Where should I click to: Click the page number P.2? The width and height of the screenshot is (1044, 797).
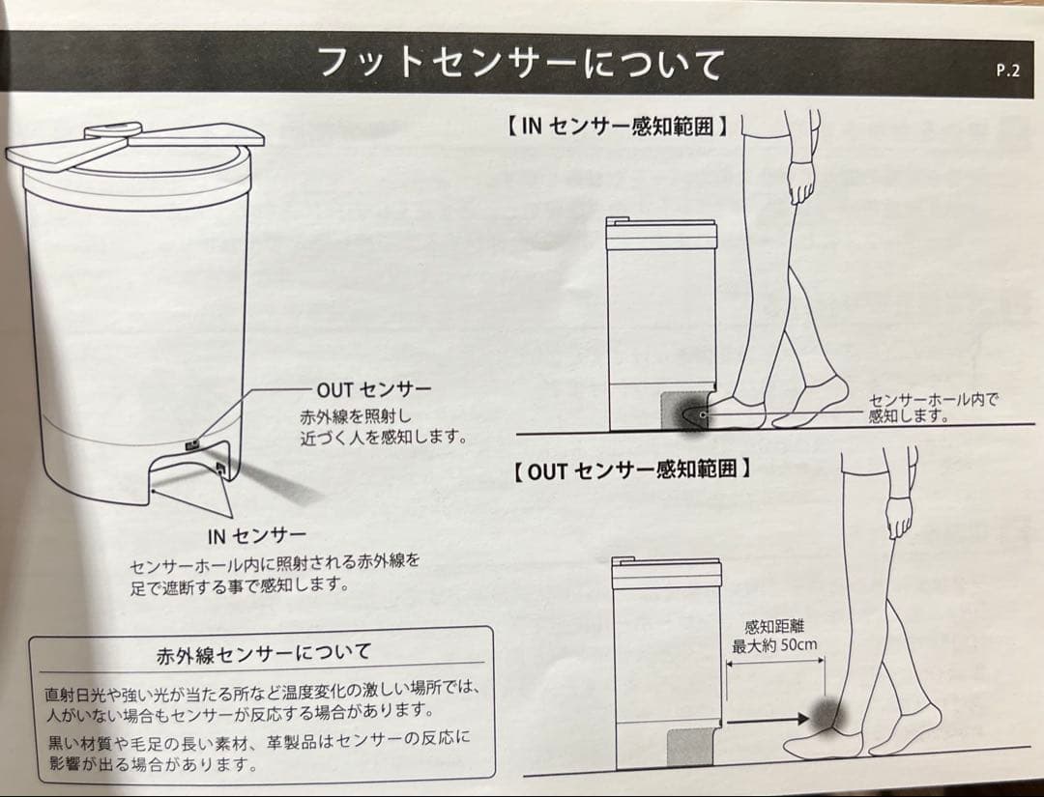pyautogui.click(x=1006, y=70)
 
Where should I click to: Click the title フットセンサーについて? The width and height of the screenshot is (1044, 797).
pyautogui.click(x=521, y=64)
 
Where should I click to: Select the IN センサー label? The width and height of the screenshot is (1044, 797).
pyautogui.click(x=257, y=535)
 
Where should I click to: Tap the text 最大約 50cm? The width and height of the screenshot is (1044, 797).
pyautogui.click(x=770, y=646)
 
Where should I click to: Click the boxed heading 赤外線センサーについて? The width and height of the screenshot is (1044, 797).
pyautogui.click(x=263, y=653)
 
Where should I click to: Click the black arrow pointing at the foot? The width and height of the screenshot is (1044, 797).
pyautogui.click(x=767, y=720)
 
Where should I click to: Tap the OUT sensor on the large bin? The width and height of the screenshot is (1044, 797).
pyautogui.click(x=191, y=445)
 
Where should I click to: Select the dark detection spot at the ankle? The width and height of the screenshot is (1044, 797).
pyautogui.click(x=827, y=716)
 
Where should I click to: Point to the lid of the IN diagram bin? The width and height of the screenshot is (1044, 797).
pyautogui.click(x=660, y=233)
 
